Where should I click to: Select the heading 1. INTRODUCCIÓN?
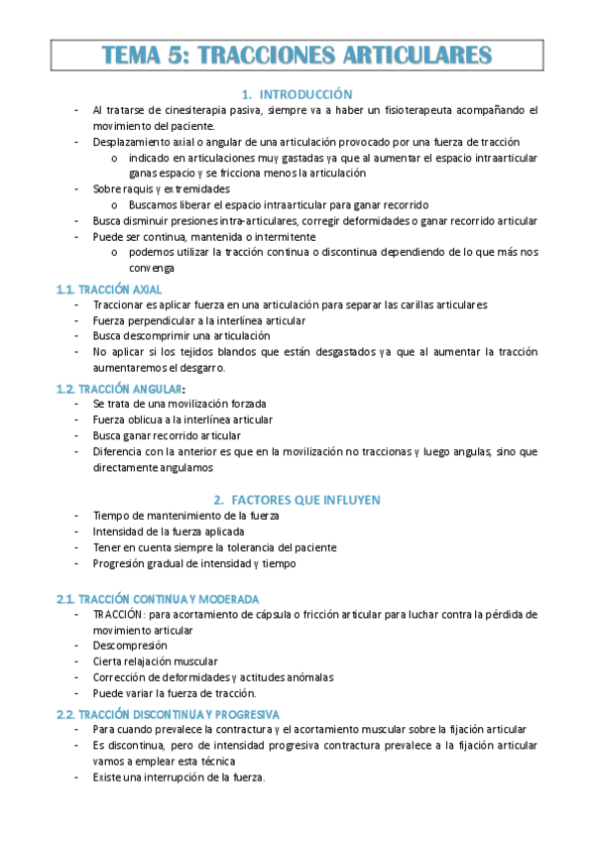[297, 94]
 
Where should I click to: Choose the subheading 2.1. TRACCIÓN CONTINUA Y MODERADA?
[158, 598]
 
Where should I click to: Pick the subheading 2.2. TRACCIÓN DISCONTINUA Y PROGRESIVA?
[168, 714]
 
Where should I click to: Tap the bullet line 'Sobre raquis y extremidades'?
[162, 188]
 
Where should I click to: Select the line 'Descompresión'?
[130, 646]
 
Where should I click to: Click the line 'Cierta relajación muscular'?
[156, 661]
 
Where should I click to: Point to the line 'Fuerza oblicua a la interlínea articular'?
[182, 420]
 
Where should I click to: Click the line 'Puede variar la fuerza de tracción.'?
[175, 692]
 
